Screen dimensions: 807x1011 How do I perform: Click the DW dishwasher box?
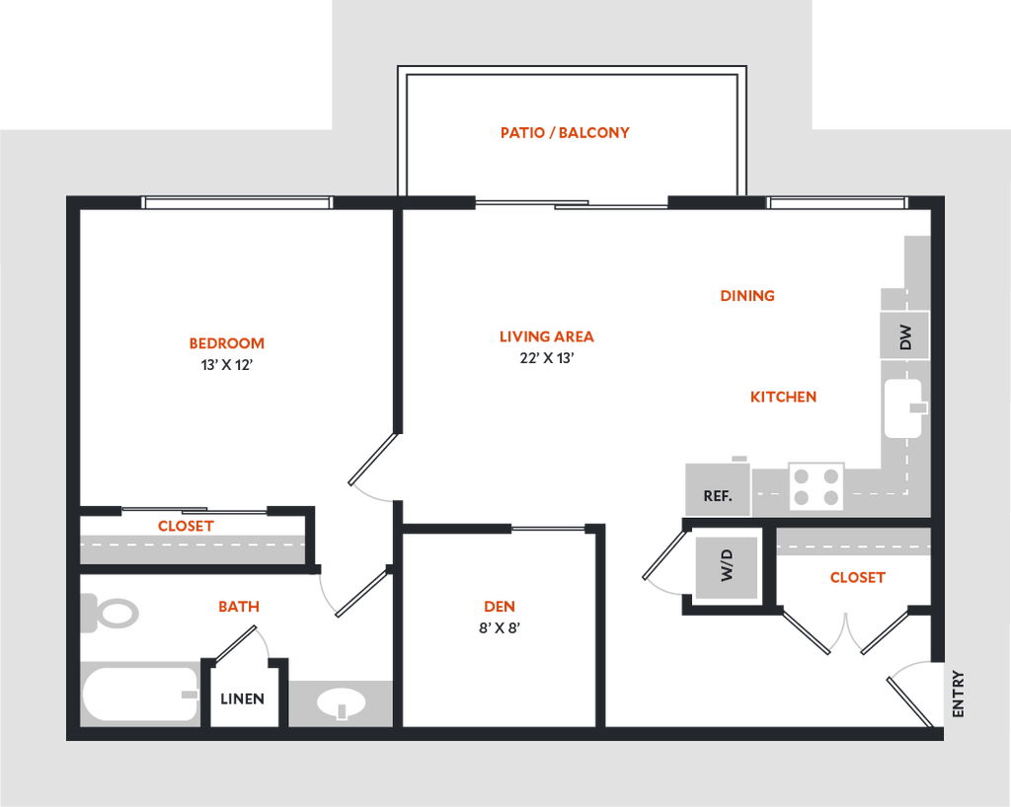pos(903,337)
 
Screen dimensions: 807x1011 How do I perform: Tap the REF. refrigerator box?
pos(718,489)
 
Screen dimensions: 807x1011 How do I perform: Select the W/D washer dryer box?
pos(727,567)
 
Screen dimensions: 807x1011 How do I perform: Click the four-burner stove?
pos(817,486)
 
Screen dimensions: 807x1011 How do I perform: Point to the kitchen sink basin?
pos(902,408)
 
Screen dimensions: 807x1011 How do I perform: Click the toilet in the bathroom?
pos(111,613)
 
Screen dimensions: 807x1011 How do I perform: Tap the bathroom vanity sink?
pos(341,703)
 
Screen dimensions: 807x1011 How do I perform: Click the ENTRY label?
pos(958,695)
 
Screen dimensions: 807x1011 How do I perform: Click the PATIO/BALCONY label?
pos(566,132)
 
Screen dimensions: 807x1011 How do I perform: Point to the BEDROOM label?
pos(228,343)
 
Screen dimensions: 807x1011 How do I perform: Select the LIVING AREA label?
pos(548,336)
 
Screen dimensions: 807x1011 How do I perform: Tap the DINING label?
pos(747,296)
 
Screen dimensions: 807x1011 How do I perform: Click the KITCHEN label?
pos(785,397)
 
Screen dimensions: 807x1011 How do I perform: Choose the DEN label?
pos(500,607)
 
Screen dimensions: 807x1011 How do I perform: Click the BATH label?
pos(239,608)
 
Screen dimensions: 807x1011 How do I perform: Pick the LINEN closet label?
pos(242,699)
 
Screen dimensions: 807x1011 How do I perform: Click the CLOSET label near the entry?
pos(857,578)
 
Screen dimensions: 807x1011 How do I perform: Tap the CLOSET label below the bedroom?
pos(186,527)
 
